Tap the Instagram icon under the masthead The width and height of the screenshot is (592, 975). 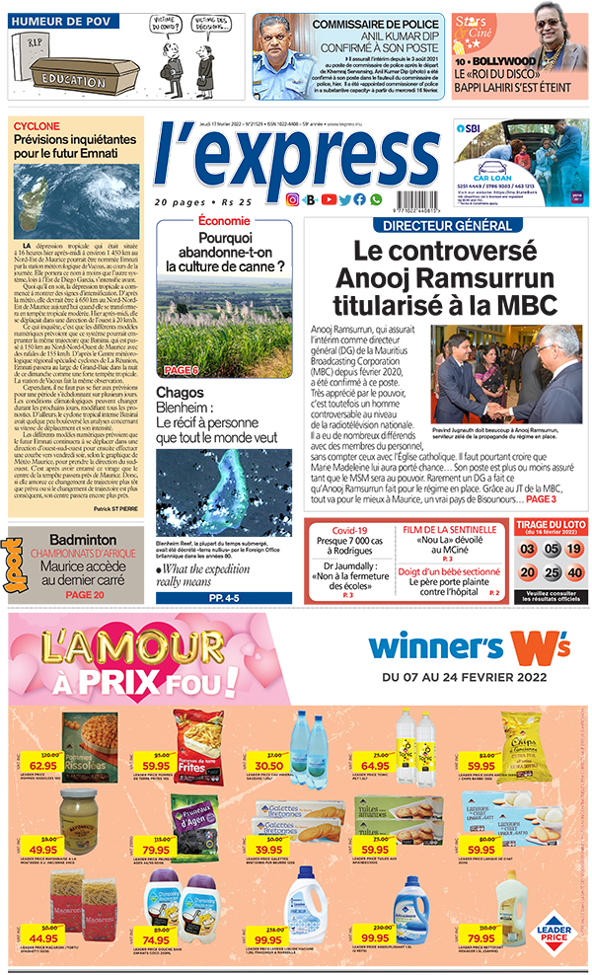[x=292, y=199]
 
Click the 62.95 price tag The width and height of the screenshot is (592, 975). [x=42, y=763]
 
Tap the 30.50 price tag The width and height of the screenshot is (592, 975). [x=268, y=763]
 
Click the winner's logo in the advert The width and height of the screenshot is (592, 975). [x=468, y=645]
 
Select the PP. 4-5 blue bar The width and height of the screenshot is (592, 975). [x=223, y=598]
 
